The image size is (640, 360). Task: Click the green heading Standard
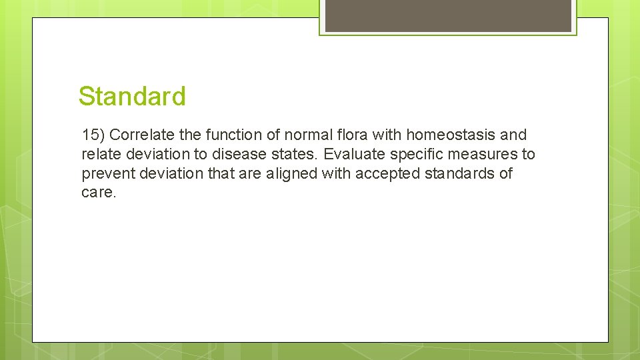coord(132,97)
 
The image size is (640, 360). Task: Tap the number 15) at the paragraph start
coord(93,135)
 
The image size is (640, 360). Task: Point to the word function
coord(227,135)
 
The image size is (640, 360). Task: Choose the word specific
coord(411,155)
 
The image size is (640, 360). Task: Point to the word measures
coord(482,155)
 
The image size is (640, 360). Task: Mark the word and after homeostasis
coord(513,135)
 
